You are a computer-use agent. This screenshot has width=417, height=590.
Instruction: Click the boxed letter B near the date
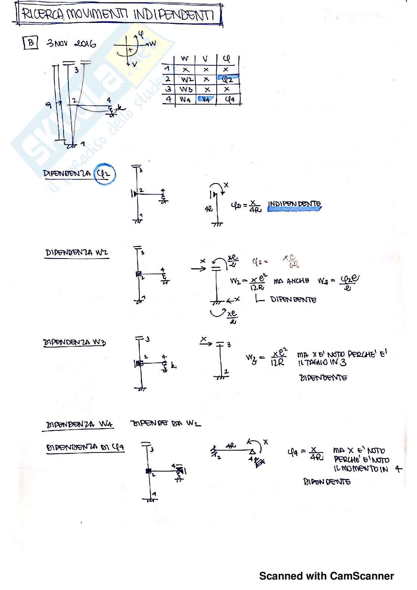point(31,43)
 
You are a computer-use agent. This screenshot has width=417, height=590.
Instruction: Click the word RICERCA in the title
point(43,15)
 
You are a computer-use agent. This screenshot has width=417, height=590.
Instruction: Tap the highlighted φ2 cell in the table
point(227,79)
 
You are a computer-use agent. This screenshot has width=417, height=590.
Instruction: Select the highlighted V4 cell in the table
point(206,99)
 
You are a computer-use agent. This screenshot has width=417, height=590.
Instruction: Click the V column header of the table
point(205,59)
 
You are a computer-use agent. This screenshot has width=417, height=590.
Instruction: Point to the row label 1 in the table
point(168,69)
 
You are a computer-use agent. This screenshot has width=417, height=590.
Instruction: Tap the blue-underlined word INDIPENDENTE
point(294,204)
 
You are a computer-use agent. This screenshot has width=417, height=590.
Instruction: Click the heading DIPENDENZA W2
point(77,253)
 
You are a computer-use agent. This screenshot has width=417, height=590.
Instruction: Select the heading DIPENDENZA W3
point(74,342)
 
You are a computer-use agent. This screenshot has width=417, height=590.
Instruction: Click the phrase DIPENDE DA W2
point(166,423)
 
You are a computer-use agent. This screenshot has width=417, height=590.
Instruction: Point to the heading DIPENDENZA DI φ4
point(85,447)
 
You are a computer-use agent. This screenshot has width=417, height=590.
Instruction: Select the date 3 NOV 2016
point(71,43)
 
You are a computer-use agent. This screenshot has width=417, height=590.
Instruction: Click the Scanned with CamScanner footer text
point(326,576)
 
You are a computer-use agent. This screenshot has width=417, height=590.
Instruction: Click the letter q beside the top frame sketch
point(49,105)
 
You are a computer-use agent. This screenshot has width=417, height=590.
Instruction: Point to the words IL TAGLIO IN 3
point(322,362)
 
